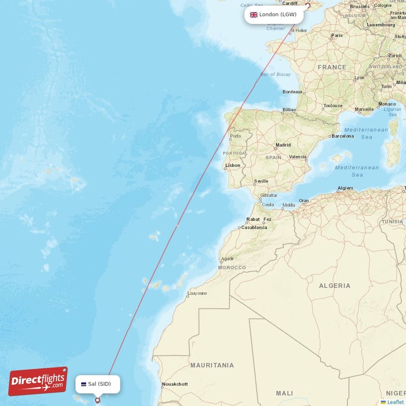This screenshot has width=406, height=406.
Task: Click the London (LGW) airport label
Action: pos(274,15)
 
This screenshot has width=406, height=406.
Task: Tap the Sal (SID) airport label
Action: pos(98,384)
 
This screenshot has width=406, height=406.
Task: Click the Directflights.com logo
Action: pos(38,381)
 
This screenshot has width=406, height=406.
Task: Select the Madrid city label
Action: pos(283,145)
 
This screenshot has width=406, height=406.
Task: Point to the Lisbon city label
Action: pos(233,165)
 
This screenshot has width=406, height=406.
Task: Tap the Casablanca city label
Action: pos(254,227)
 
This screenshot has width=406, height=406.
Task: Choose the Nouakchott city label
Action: pos(175,384)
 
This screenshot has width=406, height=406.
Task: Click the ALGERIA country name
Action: pos(334,286)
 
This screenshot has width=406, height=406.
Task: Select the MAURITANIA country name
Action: pos(212,365)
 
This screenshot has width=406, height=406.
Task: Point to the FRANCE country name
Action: pos(332,67)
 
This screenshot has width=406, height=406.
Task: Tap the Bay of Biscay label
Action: pos(276,75)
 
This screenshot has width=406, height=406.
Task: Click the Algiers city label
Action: pos(345,188)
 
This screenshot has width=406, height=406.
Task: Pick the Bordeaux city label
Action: pos(292,92)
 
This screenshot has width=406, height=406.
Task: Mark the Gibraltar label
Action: pos(268,195)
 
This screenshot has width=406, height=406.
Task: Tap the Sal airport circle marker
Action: pos(98,400)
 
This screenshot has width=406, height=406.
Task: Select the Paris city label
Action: pos(337,36)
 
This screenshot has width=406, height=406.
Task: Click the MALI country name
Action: pos(284,393)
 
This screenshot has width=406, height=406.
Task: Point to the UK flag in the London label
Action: pos(253,15)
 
